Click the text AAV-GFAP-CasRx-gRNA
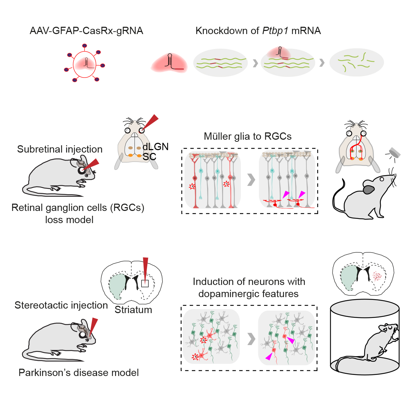[x=86, y=31]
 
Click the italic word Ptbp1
[x=275, y=31]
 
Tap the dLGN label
[x=155, y=147]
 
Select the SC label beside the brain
[x=149, y=157]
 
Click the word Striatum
[x=133, y=310]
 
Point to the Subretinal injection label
[x=60, y=149]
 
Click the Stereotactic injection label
[x=61, y=305]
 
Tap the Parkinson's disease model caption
[x=79, y=373]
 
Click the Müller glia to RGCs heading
[x=247, y=136]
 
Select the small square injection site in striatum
[x=145, y=284]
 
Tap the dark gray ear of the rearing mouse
[x=369, y=189]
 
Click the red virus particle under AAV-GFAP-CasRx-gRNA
[x=84, y=64]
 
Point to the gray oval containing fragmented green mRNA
[x=357, y=63]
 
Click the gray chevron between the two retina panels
[x=251, y=180]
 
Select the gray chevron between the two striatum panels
[x=251, y=339]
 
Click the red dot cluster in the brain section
[x=377, y=276]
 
